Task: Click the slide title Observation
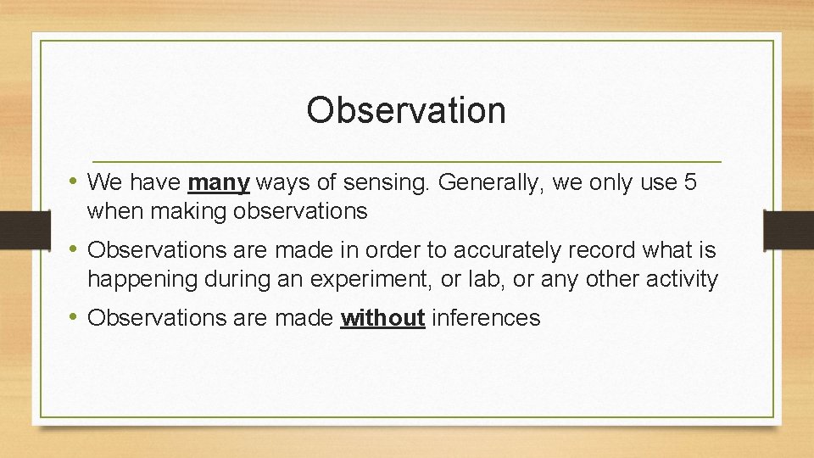point(406,110)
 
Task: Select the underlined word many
point(219,182)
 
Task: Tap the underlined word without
point(382,318)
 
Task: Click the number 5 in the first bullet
point(689,182)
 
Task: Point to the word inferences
point(486,318)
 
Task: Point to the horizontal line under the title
point(406,160)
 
